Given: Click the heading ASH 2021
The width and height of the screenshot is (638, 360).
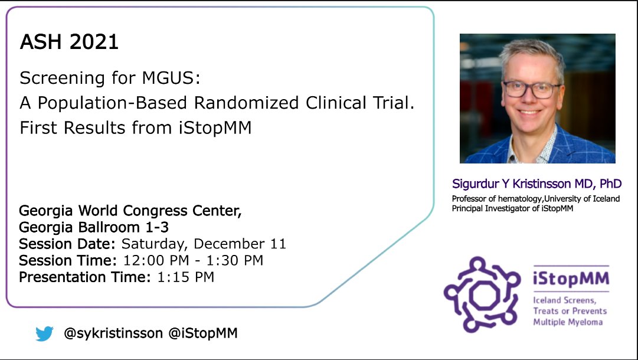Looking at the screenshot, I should click(x=69, y=42).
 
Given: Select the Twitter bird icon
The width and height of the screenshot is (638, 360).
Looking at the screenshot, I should click(x=44, y=333).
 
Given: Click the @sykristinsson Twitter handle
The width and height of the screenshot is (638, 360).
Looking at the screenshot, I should click(x=113, y=333).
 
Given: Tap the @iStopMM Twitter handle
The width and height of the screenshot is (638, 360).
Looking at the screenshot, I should click(x=203, y=333).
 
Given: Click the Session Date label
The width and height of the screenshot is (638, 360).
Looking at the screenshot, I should click(x=68, y=244).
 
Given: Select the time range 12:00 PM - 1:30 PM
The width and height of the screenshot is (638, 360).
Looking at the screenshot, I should click(x=192, y=260).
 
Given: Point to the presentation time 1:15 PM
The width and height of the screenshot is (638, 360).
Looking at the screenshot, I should click(x=185, y=277).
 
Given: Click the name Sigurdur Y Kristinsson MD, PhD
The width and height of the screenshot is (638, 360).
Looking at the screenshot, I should click(x=536, y=184).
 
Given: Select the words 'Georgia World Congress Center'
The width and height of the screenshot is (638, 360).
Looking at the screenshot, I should click(x=130, y=211).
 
